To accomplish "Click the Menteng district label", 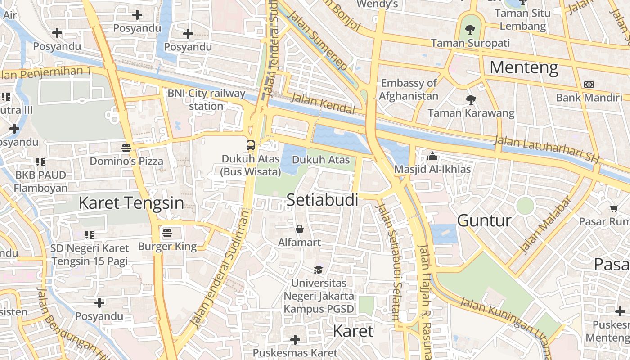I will (x=524, y=68).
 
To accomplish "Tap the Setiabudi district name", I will (x=322, y=200).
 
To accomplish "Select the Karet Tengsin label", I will (x=131, y=203).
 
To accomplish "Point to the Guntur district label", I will (x=484, y=220).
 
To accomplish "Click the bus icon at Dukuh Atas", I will (x=251, y=145).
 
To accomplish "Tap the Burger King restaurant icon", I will (x=167, y=233).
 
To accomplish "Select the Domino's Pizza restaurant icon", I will (x=126, y=148).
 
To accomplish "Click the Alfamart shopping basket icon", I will (x=300, y=229).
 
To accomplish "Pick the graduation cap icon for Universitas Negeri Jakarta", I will (x=319, y=270).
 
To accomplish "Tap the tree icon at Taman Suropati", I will (x=470, y=30).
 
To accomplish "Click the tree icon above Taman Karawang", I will (x=471, y=99).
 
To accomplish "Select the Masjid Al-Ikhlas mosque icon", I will (x=432, y=156).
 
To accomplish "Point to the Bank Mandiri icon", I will (x=589, y=85).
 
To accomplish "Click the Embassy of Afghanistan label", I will (x=409, y=90).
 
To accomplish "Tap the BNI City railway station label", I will (x=207, y=100).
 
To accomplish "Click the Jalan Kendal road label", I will (x=323, y=103).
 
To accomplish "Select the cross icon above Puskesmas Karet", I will (x=295, y=340).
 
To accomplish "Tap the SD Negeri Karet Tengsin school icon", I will (x=90, y=234).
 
